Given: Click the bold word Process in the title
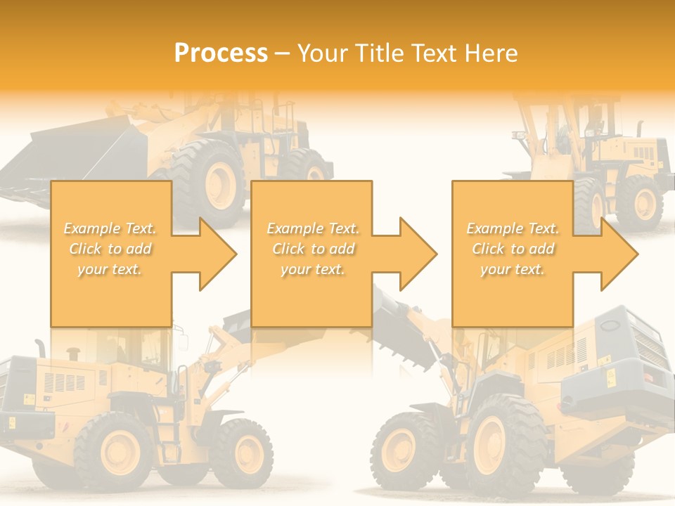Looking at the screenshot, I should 221,53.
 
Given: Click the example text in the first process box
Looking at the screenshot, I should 110,249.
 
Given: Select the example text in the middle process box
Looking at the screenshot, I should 313,249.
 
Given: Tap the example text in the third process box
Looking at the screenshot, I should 513,249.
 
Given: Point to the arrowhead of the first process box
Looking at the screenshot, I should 218,254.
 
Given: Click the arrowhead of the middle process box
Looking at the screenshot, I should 418,254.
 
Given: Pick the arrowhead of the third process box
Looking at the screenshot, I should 619,254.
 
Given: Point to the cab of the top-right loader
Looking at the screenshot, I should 591,119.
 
